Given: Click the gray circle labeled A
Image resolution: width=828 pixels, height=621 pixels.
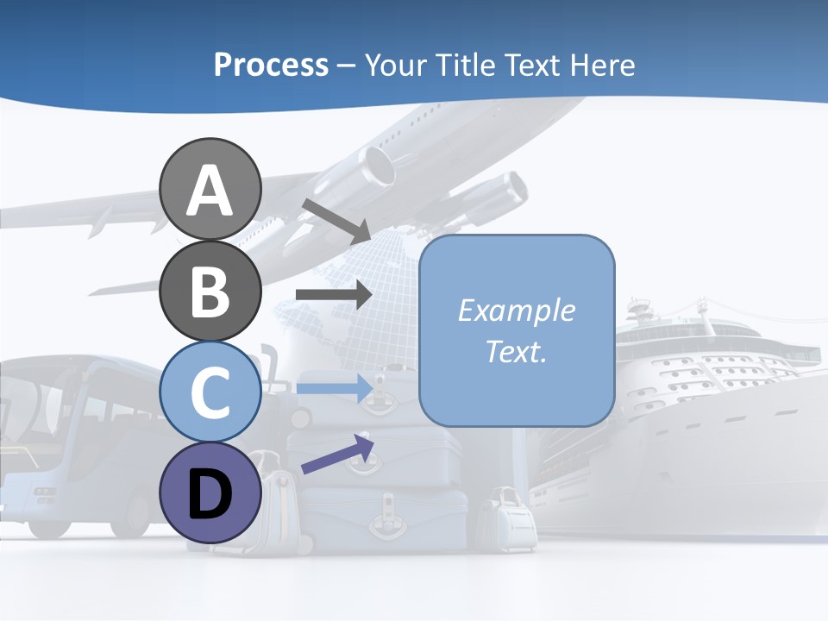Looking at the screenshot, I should point(210,189).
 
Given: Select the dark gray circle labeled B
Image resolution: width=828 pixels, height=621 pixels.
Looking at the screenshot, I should point(210,291).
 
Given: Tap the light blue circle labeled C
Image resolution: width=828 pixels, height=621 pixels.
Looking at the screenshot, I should point(210,392).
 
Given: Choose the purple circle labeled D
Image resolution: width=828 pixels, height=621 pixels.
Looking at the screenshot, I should point(210,492).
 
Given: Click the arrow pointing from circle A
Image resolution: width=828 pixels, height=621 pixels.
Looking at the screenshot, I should point(336,220).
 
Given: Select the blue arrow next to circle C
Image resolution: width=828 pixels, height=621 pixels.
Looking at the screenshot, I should point(333,388).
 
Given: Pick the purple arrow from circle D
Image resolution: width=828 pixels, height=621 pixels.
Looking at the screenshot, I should point(337,455).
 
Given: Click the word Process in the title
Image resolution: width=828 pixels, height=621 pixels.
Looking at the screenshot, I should point(271,65).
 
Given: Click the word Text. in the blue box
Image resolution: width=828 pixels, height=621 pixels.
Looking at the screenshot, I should point(516,351).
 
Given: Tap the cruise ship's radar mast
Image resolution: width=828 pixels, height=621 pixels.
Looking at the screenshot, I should point(639,306).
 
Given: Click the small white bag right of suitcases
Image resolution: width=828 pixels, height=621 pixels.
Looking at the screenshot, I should point(508,517).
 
